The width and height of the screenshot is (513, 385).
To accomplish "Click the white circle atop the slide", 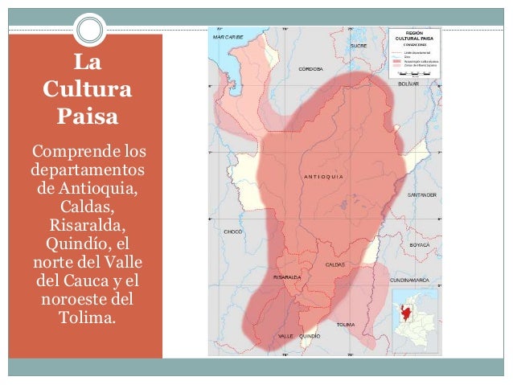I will [x=92, y=31].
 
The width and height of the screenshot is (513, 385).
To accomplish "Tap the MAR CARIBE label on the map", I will [x=228, y=38].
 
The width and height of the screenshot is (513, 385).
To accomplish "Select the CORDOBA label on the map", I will [x=311, y=69].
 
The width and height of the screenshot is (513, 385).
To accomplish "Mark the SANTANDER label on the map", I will [x=421, y=195].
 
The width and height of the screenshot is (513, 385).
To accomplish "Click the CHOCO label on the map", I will [x=232, y=231].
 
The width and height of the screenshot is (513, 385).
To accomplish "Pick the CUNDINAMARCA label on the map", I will [x=408, y=281].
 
